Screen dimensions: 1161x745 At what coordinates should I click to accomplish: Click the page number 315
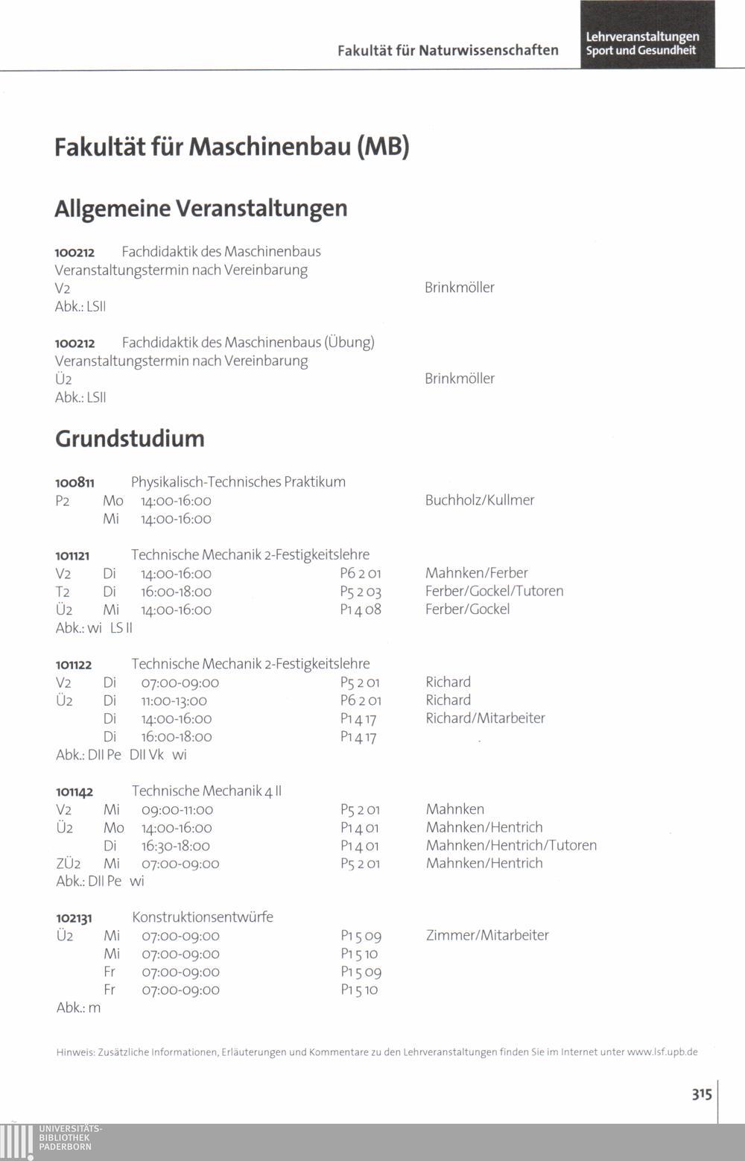coord(701,1094)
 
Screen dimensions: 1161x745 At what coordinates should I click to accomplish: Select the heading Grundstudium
coord(130,438)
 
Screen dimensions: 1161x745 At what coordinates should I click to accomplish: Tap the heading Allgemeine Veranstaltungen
coord(201,208)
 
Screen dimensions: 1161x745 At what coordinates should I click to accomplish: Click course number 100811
coord(74,483)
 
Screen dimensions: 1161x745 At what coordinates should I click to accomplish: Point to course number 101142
coord(74,792)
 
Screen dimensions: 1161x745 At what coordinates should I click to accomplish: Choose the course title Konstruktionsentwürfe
coord(203,917)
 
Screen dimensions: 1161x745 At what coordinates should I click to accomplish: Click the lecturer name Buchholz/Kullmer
coord(480,500)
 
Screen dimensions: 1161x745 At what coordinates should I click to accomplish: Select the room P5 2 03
coord(361,592)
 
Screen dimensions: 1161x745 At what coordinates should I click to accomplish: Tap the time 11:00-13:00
coord(174,700)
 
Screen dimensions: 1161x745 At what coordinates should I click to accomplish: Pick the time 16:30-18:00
coord(176,846)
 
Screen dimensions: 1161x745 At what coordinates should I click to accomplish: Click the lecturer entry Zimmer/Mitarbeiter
coord(487,935)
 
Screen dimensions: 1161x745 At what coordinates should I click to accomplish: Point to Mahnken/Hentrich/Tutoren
coord(511,845)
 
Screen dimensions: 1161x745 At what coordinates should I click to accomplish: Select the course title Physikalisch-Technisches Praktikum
coord(238,482)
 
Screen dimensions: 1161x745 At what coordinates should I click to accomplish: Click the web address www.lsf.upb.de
coord(662,1052)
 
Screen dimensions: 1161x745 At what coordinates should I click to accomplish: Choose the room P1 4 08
coord(361,610)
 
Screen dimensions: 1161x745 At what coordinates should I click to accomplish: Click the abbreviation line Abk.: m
coord(78,1007)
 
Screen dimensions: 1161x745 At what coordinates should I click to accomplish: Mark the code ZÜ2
coord(65,864)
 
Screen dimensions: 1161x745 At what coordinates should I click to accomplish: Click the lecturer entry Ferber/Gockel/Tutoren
coord(494,591)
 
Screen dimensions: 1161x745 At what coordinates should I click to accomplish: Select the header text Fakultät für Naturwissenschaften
coord(448,51)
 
